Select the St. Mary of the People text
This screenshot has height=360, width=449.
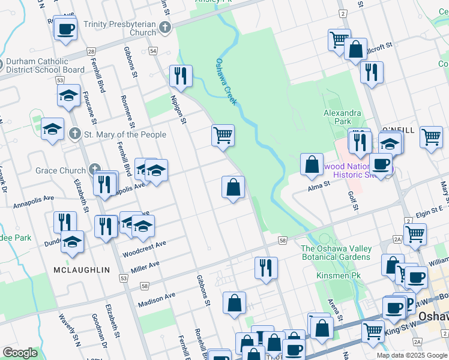click(125, 134)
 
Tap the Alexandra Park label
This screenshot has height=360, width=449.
click(342, 117)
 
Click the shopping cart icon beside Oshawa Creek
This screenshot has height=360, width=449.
click(223, 135)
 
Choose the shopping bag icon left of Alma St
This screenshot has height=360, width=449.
click(312, 164)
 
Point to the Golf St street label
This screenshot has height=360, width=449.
click(353, 201)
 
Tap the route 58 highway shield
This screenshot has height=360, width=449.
click(282, 240)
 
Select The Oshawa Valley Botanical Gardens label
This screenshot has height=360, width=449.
click(336, 253)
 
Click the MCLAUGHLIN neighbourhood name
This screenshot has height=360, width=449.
click(82, 270)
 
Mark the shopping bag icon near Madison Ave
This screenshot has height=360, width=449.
click(234, 302)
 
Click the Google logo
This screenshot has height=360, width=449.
click(20, 353)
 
